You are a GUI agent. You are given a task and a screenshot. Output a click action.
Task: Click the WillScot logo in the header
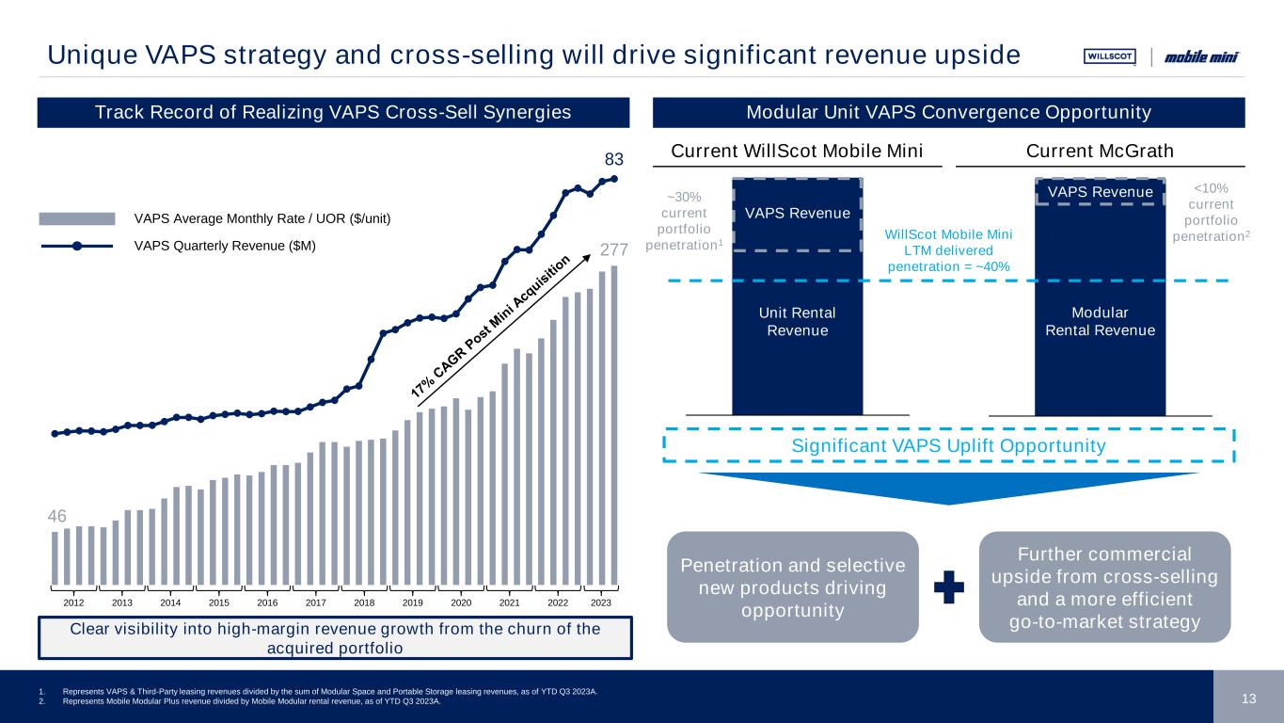click(x=1110, y=56)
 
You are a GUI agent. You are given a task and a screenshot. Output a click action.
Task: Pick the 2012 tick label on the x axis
click(x=74, y=602)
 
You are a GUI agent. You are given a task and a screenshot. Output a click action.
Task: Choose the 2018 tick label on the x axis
click(x=364, y=602)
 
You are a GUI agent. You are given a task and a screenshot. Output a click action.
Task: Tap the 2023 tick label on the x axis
click(x=601, y=602)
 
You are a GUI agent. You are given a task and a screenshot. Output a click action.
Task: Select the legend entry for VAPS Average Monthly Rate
click(x=262, y=218)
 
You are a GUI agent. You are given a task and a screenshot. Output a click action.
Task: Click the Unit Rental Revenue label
click(x=797, y=321)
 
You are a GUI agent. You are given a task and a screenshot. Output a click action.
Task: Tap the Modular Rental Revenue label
click(x=1100, y=321)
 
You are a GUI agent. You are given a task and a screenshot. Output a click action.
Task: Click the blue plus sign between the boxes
click(x=948, y=588)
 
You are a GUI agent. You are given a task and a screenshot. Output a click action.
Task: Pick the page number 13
click(x=1249, y=698)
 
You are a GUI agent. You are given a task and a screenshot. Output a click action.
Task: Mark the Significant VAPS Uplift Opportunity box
click(x=947, y=444)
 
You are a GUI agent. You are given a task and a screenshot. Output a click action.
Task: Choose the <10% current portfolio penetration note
click(x=1211, y=212)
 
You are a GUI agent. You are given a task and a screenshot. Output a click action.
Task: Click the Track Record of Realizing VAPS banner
click(x=333, y=113)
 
